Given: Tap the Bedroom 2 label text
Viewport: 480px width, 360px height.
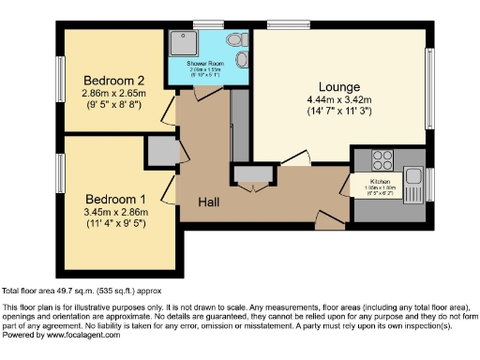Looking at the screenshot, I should [x=113, y=80].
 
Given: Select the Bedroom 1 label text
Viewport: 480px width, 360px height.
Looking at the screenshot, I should [x=116, y=200].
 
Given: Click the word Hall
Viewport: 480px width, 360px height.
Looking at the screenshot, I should [x=208, y=202].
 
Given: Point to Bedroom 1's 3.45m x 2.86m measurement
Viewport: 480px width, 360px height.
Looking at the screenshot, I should [x=116, y=214].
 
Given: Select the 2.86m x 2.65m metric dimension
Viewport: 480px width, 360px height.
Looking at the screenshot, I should [x=113, y=95].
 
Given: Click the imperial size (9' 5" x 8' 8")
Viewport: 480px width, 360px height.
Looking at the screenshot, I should [x=113, y=107].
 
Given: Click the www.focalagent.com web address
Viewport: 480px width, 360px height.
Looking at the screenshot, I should [x=82, y=335].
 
